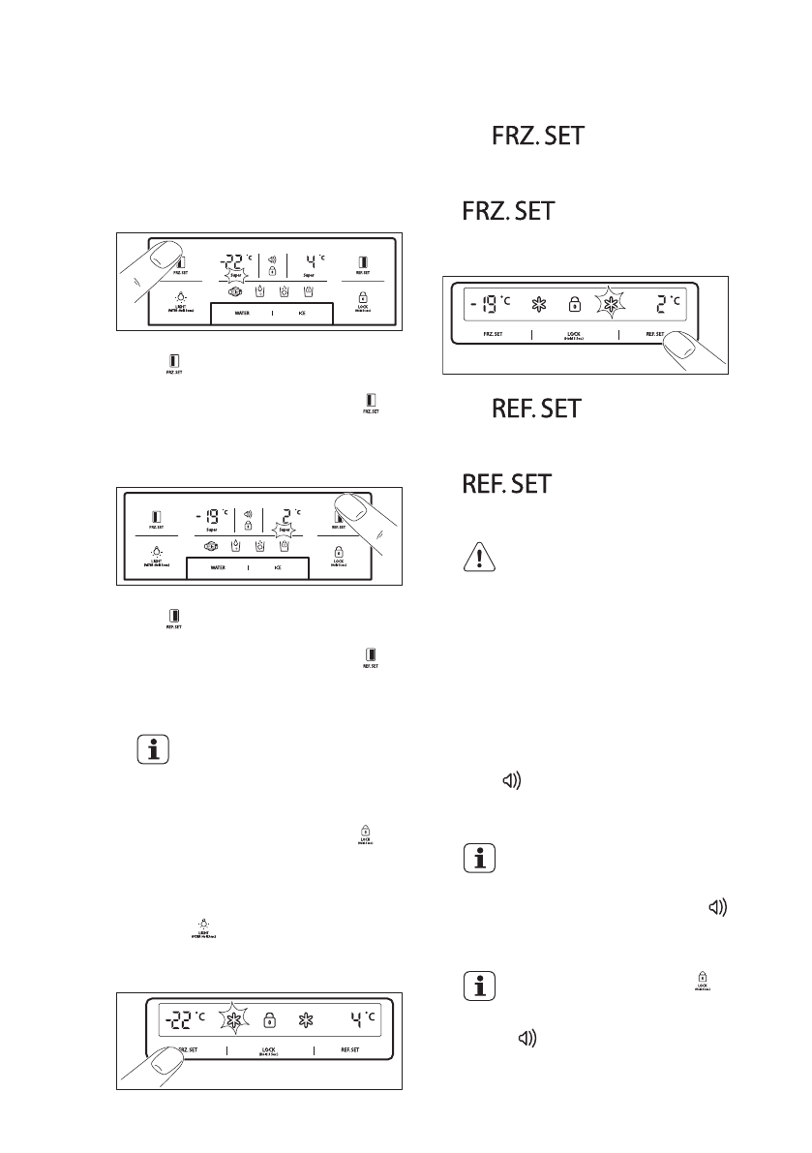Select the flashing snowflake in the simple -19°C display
(x=611, y=305)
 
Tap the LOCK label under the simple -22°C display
(x=269, y=1048)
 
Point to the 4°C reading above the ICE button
(x=312, y=260)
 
